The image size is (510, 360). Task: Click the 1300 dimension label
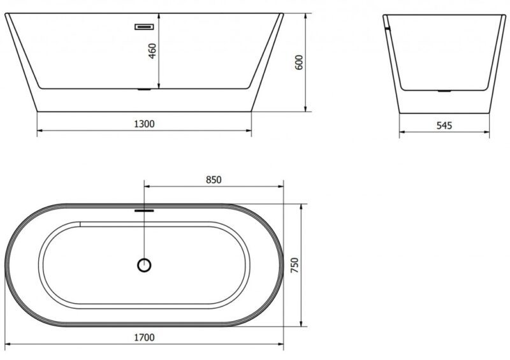click(x=145, y=124)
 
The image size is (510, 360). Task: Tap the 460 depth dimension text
click(x=152, y=51)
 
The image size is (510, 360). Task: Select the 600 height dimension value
click(x=298, y=62)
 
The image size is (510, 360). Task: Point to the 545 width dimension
click(x=444, y=126)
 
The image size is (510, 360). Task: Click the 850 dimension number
click(x=214, y=180)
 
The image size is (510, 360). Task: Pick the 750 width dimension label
click(x=295, y=265)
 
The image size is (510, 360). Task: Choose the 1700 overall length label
click(x=145, y=338)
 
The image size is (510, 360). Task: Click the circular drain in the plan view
click(x=144, y=265)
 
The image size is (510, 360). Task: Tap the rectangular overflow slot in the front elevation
click(x=144, y=27)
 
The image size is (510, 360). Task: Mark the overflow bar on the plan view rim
click(x=144, y=211)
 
